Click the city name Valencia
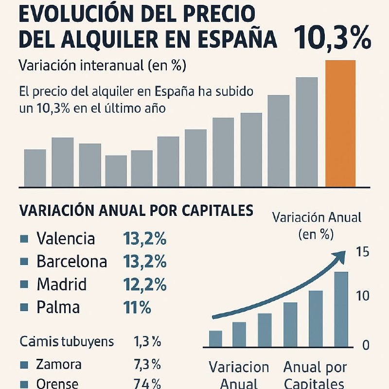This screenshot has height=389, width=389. coord(66,239)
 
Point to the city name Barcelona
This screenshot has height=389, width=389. coord(71,262)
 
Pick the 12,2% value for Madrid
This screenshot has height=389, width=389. coord(145,284)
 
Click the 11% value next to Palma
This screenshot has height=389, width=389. coord(137,307)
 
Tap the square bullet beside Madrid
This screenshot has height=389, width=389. coord(23,284)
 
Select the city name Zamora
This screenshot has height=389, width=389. coord(59,364)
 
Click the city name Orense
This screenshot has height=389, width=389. coord(57,384)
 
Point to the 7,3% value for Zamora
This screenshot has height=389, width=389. coord(147,364)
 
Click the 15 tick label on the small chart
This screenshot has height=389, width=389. coord(363,252)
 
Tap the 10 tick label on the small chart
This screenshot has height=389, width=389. coord(363,296)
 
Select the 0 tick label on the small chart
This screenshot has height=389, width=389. coord(366,345)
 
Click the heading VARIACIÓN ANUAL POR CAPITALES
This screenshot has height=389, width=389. coord(136,211)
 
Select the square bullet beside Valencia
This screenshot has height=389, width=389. coord(23,239)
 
